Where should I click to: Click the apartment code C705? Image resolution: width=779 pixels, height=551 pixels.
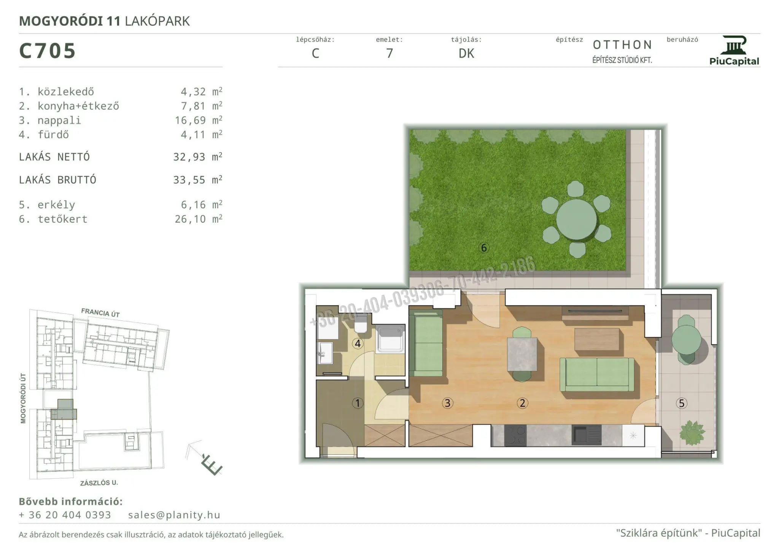pos(48,51)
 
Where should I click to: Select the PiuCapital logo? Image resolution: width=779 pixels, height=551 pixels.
pos(734,51)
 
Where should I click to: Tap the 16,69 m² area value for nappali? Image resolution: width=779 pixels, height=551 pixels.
pos(198,120)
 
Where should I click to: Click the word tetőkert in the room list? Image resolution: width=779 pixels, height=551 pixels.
pos(62,219)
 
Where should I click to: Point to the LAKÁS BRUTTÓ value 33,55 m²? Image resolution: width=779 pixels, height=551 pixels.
pos(197,180)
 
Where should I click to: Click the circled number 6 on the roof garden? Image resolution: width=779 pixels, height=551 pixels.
pos(484,248)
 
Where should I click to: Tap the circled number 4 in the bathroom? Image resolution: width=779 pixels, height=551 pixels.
pos(358,344)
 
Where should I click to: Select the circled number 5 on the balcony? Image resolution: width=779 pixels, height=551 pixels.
pos(682,403)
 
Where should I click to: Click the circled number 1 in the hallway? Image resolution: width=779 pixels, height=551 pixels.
pos(358,403)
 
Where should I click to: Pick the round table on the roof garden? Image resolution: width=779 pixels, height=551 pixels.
pos(576,220)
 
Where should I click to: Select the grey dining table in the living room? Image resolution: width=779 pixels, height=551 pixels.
pos(522,354)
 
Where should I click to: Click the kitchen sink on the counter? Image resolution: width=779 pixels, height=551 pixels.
pos(587,435)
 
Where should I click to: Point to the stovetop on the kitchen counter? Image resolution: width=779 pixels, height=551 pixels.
pos(515,435)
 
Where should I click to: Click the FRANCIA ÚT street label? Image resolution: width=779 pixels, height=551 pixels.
pos(100,313)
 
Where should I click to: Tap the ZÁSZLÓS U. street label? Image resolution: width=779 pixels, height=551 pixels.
pos(99,483)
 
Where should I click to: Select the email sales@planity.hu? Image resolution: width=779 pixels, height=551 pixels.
pos(174,515)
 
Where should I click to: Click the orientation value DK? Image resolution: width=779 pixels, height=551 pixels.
pos(466,54)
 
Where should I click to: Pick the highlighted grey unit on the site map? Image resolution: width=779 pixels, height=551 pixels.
pos(64,409)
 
